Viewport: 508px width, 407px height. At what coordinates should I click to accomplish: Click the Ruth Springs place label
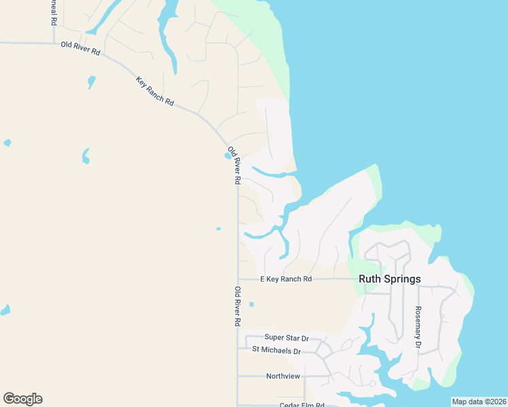click(x=389, y=279)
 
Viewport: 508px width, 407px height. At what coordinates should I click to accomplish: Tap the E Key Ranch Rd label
click(x=286, y=279)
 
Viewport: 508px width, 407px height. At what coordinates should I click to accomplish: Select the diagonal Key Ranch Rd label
click(x=155, y=92)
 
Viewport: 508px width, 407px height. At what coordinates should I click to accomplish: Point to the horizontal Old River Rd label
click(x=80, y=48)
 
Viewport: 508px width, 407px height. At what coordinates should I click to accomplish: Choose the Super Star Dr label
click(x=287, y=337)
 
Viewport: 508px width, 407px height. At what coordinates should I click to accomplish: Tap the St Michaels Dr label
click(x=276, y=351)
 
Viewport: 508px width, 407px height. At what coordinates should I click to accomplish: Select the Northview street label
click(x=283, y=376)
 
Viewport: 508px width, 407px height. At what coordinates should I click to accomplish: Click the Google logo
click(x=22, y=399)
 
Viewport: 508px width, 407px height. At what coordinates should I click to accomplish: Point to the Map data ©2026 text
click(x=479, y=402)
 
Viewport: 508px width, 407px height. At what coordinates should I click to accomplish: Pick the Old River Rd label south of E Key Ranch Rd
click(x=238, y=307)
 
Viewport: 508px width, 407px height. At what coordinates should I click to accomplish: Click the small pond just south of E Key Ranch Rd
click(x=251, y=304)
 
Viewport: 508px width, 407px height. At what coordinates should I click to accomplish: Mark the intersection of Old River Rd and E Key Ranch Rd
click(x=238, y=279)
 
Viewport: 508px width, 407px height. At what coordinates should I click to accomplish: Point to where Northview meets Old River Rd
click(x=238, y=376)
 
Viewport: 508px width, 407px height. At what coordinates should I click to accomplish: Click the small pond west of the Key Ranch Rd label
click(x=91, y=82)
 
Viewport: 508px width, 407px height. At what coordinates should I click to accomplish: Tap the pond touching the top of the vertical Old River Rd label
click(x=226, y=155)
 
